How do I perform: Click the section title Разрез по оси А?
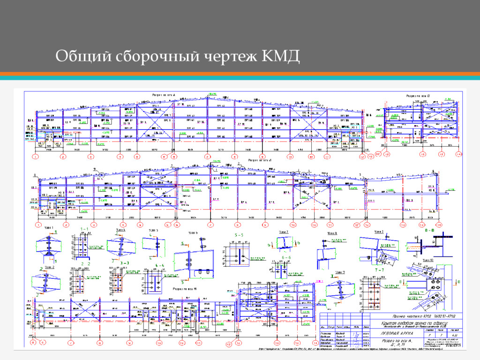164,95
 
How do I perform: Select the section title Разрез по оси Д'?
418,95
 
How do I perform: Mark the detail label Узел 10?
428,259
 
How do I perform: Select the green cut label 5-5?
239,234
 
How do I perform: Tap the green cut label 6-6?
287,257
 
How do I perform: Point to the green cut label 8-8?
429,231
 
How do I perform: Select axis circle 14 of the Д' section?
458,154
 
